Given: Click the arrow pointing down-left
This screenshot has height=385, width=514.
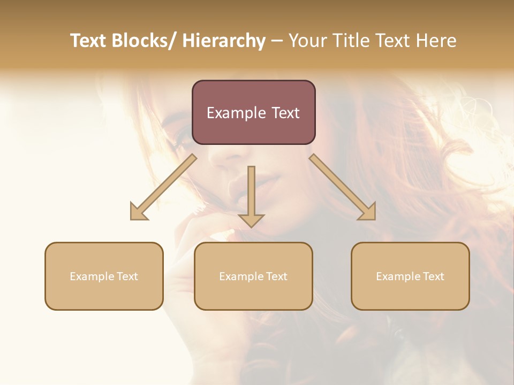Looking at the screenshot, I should (x=163, y=187).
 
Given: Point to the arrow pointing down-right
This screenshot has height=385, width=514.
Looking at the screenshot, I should (x=343, y=187).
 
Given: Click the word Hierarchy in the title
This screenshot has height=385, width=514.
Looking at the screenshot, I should (x=224, y=41).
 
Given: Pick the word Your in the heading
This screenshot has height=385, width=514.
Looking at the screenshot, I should (x=306, y=41).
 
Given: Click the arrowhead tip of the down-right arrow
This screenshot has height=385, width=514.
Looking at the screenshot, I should (x=375, y=219).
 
